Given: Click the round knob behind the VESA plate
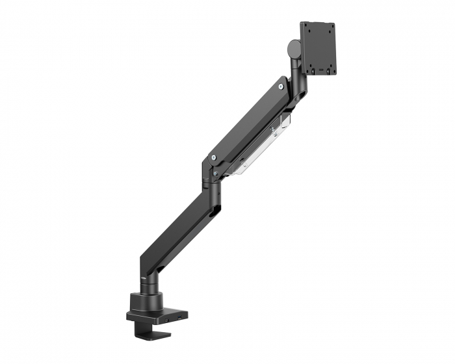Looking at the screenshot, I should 293,48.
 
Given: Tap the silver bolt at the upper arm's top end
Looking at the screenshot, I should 280,84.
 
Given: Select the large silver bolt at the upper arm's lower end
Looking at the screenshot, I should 213,157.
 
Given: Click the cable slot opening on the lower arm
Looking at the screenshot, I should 216,209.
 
